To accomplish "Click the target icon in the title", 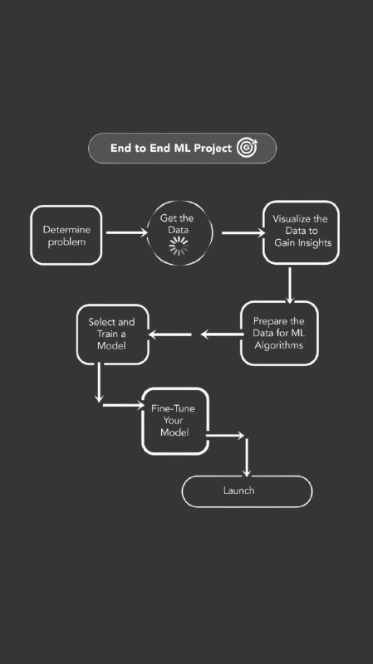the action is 247,148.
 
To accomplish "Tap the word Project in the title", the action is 213,149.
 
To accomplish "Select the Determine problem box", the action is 66,236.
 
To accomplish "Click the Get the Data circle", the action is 179,233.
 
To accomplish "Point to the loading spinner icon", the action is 179,246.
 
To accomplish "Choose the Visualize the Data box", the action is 301,232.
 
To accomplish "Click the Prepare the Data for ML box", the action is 279,334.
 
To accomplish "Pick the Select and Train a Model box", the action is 112,334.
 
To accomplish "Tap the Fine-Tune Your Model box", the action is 175,421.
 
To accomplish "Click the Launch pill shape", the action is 247,491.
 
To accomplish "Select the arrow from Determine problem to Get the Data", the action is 127,232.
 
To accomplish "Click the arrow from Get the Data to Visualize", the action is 243,232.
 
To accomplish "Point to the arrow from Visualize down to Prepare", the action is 290,286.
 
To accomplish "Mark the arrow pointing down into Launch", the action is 246,458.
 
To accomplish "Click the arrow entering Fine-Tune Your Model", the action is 123,405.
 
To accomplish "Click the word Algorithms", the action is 279,345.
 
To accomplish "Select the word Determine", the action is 66,230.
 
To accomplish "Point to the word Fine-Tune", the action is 173,408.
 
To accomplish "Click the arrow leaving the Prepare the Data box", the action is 222,334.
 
